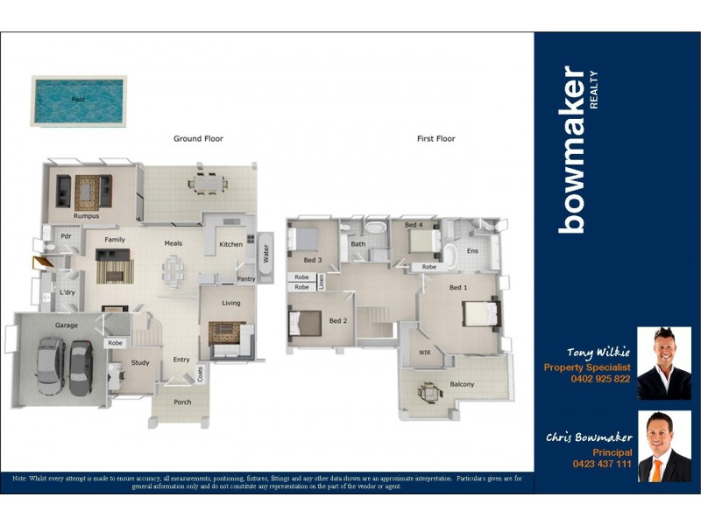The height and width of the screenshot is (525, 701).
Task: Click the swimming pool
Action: (79, 100)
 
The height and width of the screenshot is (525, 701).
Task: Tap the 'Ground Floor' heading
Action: (197, 139)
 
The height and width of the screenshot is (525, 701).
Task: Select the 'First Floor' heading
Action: (435, 139)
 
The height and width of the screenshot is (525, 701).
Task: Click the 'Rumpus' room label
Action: (86, 215)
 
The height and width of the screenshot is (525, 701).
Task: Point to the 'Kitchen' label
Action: (230, 244)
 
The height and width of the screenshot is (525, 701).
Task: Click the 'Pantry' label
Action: (247, 278)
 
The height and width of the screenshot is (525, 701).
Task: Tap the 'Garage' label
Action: (67, 325)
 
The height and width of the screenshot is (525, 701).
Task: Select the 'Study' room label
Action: (140, 362)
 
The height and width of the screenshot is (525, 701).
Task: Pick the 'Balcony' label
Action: (462, 384)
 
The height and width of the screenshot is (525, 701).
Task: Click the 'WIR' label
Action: (425, 353)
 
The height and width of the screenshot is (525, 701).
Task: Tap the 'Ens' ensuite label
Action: (472, 251)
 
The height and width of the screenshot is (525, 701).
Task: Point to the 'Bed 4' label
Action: (414, 225)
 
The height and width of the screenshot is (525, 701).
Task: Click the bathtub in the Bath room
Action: (377, 229)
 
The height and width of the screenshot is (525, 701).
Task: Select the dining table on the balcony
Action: (428, 392)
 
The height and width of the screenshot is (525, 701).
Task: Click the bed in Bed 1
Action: (480, 312)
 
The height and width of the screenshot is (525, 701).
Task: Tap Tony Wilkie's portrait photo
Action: (663, 363)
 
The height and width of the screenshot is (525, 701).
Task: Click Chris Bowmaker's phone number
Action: (601, 464)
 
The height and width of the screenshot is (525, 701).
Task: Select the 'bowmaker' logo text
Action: (573, 150)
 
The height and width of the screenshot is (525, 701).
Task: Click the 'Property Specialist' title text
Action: (587, 367)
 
